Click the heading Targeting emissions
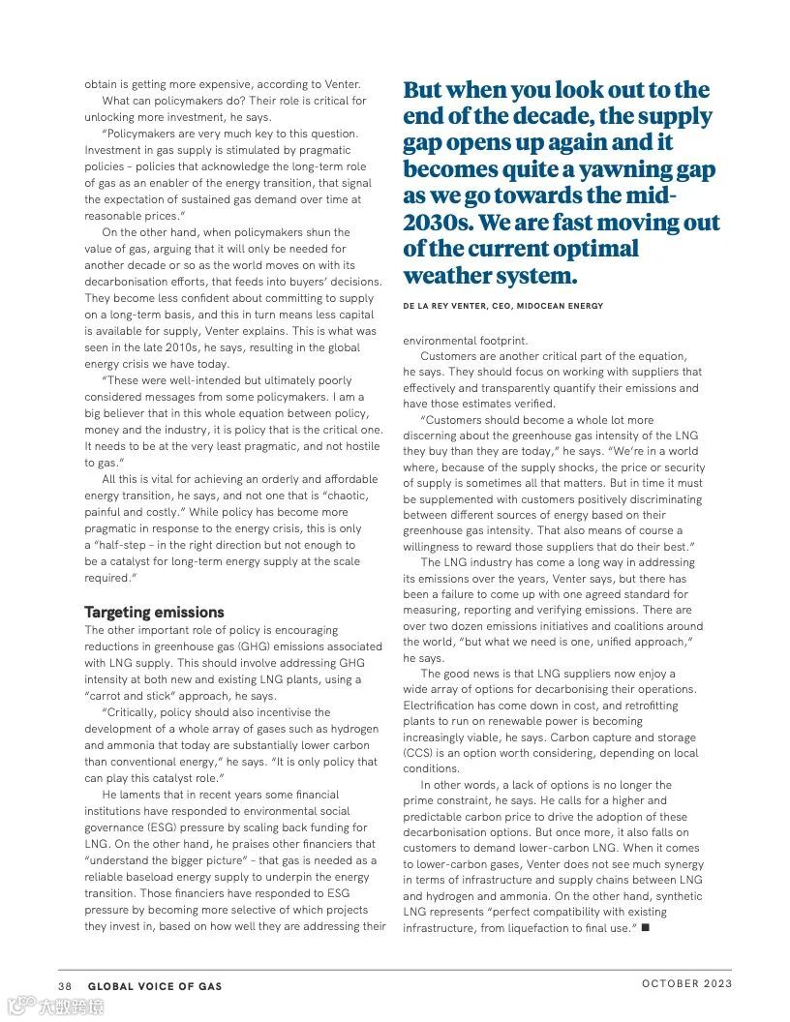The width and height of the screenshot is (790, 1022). tap(154, 612)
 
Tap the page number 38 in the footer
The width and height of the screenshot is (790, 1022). tap(65, 986)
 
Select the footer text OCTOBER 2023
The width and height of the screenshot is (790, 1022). tap(686, 984)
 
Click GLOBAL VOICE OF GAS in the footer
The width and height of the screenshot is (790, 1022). tap(155, 986)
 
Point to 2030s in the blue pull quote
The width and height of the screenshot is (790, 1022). tap(436, 223)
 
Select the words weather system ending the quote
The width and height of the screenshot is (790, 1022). tap(490, 276)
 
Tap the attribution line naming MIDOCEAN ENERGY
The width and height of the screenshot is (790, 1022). tap(502, 306)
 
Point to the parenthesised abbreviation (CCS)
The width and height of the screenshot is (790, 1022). tap(421, 752)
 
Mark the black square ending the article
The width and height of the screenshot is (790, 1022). tap(646, 928)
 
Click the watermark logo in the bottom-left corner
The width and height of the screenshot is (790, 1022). tap(21, 1007)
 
